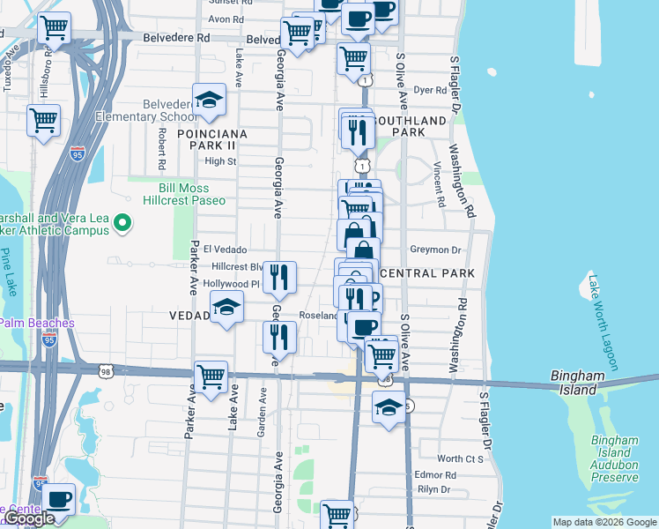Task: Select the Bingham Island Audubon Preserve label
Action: point(614,458)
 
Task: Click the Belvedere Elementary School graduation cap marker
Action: point(210,101)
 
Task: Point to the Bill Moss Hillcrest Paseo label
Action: point(179,194)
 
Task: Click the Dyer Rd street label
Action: point(431,90)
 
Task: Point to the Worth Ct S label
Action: point(461,458)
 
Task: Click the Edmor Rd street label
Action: point(437,475)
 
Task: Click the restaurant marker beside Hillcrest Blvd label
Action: point(279,277)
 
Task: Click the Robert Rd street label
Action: point(162,148)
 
